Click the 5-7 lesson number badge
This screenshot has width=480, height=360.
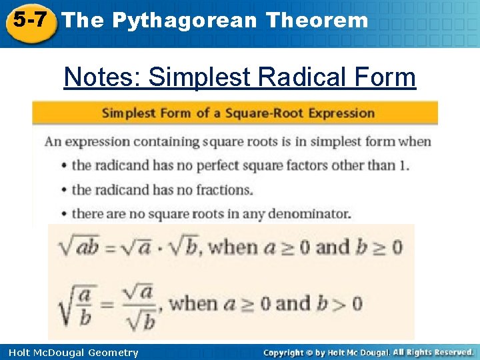[28, 21]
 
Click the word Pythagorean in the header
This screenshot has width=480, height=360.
[184, 21]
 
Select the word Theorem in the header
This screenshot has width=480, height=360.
[316, 21]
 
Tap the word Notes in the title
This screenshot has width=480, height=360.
[101, 77]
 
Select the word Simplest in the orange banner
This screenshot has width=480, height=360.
[129, 113]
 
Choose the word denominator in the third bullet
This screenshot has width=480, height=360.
[311, 214]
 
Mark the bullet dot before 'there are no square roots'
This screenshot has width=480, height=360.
[63, 214]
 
